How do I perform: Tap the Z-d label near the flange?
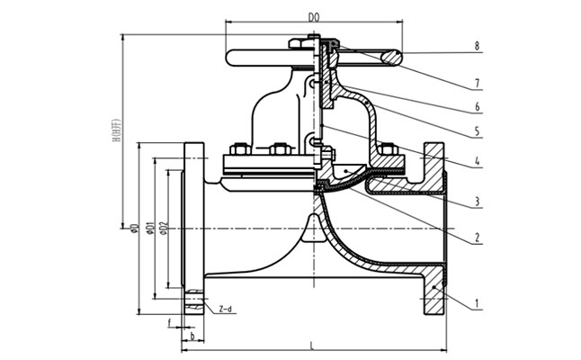pos(225,309)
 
